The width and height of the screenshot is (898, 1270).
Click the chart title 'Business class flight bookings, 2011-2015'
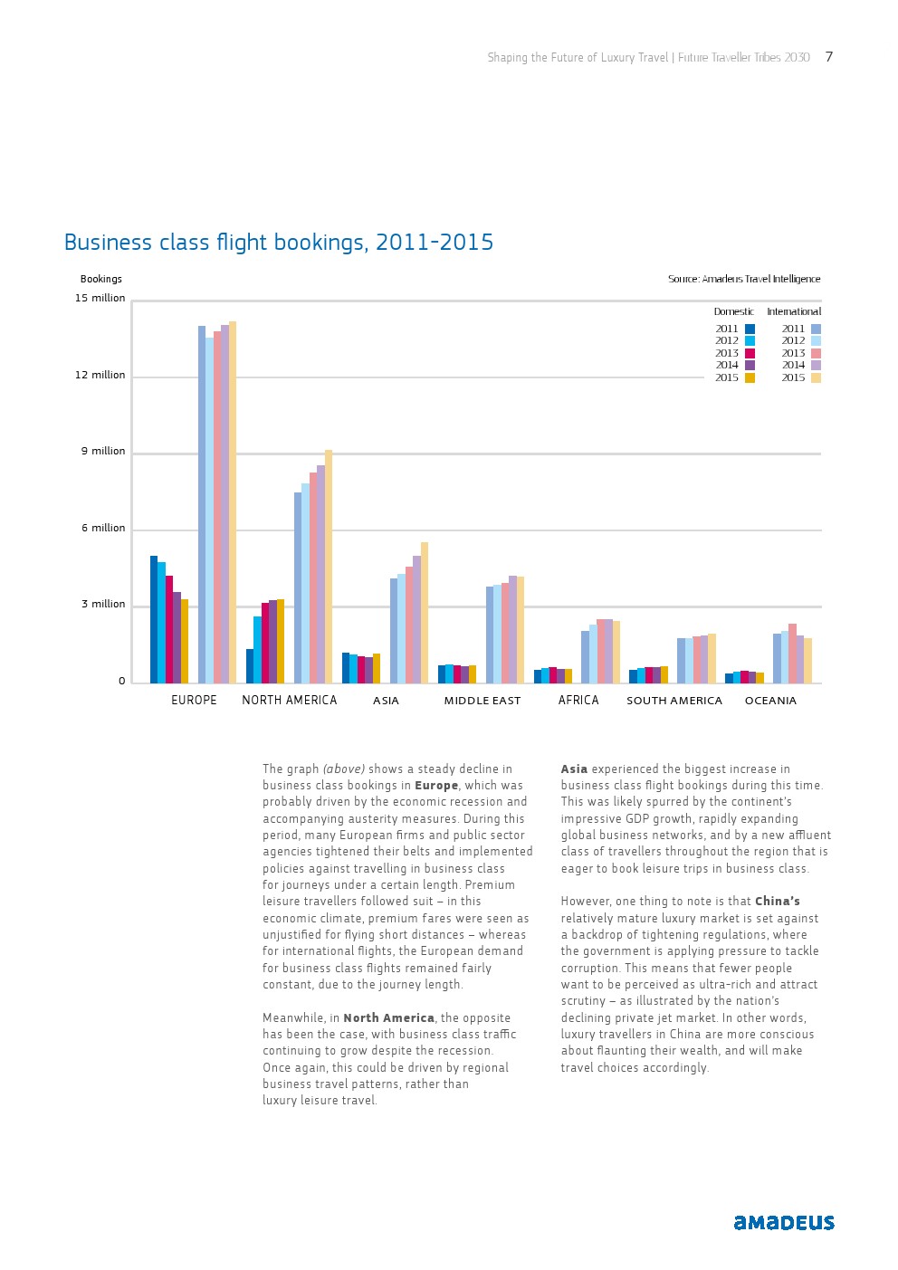click(x=279, y=243)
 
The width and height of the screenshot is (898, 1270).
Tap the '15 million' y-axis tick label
click(x=100, y=298)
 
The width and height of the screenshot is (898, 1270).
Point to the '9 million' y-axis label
click(x=103, y=451)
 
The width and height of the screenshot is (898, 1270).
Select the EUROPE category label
click(x=194, y=700)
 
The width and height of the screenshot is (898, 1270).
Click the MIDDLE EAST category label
click(x=482, y=701)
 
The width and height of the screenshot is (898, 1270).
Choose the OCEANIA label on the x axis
click(x=770, y=701)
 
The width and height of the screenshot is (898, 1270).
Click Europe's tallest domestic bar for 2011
click(x=154, y=619)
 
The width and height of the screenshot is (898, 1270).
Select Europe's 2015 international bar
click(x=233, y=502)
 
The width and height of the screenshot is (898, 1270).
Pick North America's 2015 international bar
click(x=329, y=567)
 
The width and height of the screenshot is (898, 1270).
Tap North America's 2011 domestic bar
click(x=250, y=665)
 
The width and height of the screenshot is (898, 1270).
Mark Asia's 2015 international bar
click(x=425, y=613)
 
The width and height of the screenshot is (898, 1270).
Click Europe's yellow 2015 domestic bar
click(x=185, y=641)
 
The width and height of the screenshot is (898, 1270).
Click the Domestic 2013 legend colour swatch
click(x=750, y=353)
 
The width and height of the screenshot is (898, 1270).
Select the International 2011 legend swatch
click(x=816, y=329)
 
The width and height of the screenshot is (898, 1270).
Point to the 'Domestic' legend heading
click(x=733, y=311)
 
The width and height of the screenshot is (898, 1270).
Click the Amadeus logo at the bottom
click(x=784, y=1222)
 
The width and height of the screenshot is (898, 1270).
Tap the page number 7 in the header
click(x=829, y=57)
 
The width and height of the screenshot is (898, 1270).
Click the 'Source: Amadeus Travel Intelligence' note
click(x=744, y=279)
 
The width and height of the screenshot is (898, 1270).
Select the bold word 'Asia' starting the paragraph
click(x=574, y=769)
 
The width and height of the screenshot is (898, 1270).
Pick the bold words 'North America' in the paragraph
click(x=388, y=1017)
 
